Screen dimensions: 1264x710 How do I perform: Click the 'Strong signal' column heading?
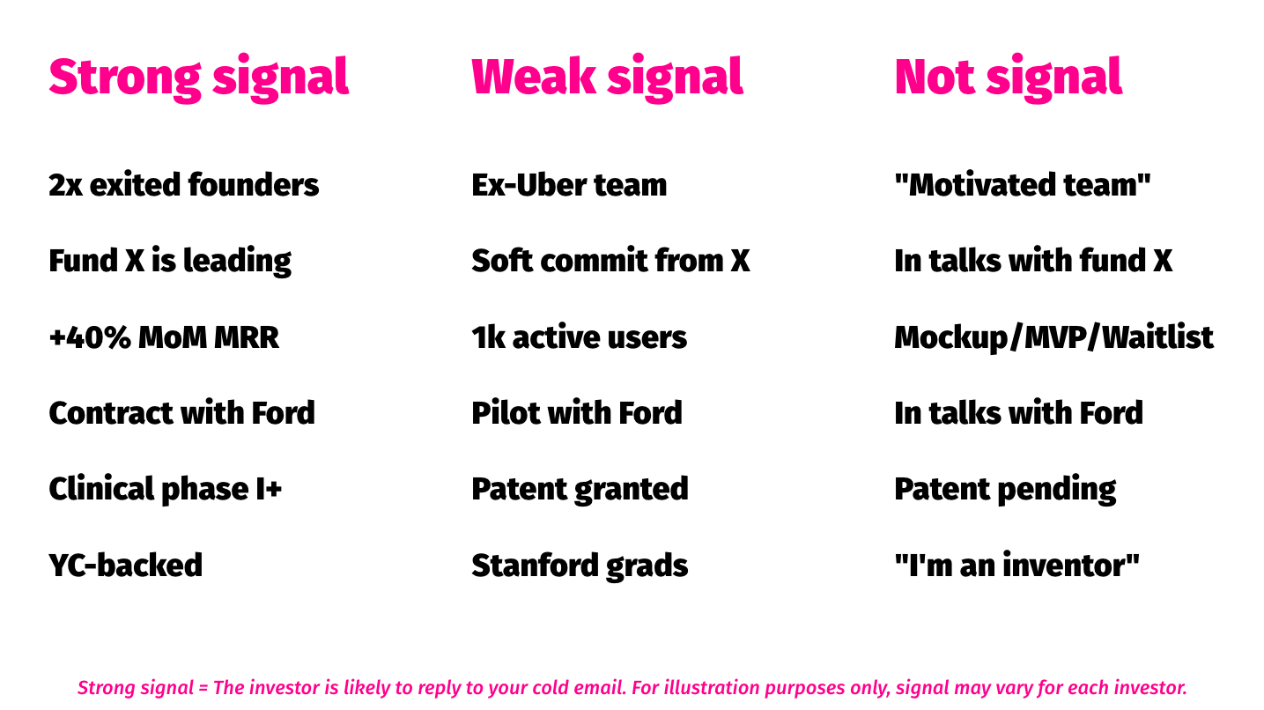click(199, 78)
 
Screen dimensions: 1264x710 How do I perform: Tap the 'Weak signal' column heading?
click(607, 78)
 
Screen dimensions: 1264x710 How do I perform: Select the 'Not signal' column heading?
click(1009, 78)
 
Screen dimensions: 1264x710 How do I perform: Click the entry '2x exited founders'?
click(184, 185)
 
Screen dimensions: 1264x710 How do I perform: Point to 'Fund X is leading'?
click(170, 262)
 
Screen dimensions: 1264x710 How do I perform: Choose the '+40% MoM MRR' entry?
click(164, 337)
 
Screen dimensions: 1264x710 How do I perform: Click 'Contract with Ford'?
click(181, 413)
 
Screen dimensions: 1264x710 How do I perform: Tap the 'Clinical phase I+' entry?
click(165, 489)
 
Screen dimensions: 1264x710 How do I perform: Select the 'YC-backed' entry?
click(125, 565)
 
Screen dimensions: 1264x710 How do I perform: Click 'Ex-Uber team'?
click(569, 185)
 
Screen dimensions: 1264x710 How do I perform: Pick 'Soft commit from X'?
click(610, 261)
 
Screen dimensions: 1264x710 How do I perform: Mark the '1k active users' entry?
click(579, 337)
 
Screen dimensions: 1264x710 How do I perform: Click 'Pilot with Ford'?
click(577, 413)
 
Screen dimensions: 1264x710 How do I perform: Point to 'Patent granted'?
click(580, 489)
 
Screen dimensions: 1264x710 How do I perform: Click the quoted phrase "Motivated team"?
click(1023, 185)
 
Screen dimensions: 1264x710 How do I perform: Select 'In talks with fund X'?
click(1033, 261)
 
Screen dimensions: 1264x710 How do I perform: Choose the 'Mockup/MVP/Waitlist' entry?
click(1054, 338)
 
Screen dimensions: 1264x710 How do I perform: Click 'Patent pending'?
click(1005, 489)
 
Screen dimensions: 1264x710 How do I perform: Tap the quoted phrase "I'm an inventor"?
click(1016, 565)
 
